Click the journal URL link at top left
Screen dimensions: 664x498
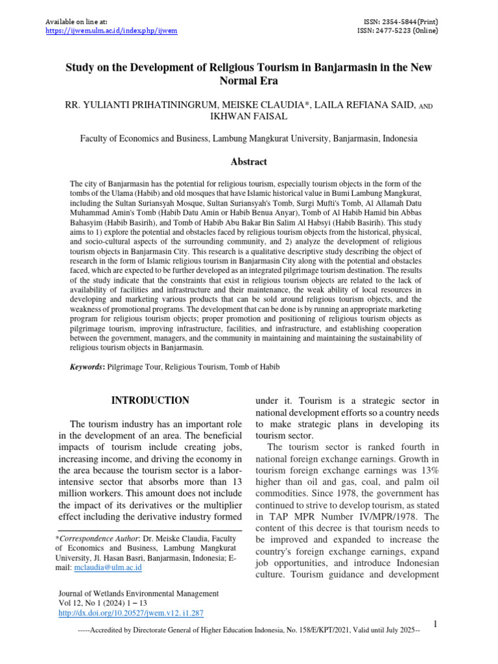[x=111, y=30]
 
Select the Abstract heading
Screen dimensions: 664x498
[x=249, y=161]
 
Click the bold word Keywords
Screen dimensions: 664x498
[x=87, y=367]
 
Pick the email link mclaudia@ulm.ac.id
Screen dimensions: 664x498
[x=108, y=567]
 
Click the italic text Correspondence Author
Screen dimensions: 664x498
[x=97, y=538]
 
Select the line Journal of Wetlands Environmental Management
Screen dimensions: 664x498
[x=139, y=593]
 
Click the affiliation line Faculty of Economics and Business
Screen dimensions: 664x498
[x=249, y=139]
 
